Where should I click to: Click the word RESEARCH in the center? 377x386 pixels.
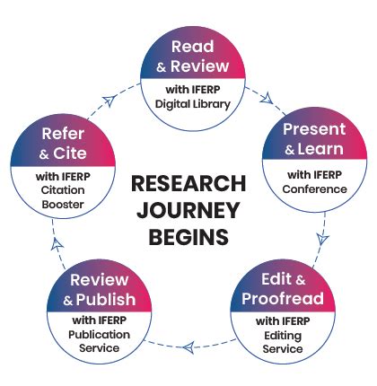188,183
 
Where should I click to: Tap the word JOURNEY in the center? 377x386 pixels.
188,210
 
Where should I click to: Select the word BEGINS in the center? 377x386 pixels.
188,237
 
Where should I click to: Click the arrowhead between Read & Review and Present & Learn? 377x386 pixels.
267,98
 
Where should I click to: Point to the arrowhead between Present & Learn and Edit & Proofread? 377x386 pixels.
322,239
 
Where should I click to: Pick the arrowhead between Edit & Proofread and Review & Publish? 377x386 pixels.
188,347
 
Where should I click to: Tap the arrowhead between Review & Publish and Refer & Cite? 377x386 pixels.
57,244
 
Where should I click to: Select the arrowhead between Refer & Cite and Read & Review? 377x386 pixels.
110,101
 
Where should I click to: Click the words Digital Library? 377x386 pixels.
193,104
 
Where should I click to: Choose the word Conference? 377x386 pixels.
314,189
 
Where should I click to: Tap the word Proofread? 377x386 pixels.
283,298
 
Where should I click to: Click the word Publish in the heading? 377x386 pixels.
106,299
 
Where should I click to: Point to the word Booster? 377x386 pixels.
63,205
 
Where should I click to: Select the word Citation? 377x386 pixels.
63,190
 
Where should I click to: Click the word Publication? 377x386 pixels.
100,335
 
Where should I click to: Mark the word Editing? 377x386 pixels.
283,336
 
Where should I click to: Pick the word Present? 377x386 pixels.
314,129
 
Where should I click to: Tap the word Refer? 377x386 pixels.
63,134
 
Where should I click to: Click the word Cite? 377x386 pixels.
70,154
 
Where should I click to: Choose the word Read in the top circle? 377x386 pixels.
193,47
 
